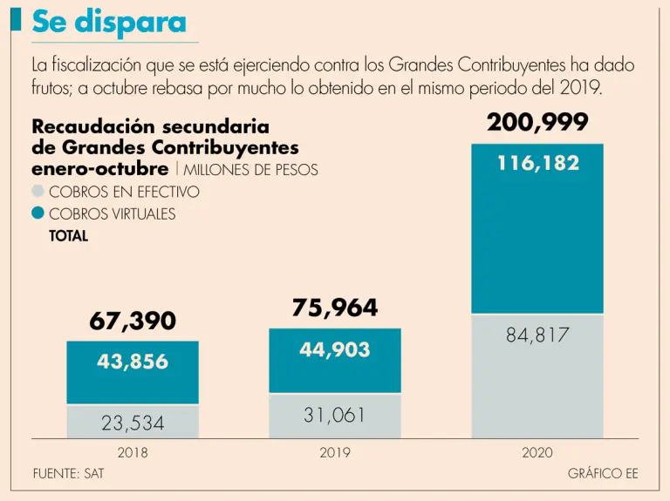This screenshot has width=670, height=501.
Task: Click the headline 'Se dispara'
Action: click(108, 23)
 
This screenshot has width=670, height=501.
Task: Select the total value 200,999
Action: click(537, 123)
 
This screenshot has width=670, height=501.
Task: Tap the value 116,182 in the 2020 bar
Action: click(538, 163)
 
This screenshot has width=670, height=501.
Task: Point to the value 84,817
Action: click(537, 335)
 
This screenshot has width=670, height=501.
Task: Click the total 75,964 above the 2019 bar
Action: click(335, 308)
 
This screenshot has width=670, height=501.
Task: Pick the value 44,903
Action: click(335, 349)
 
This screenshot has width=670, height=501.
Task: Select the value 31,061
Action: click(335, 416)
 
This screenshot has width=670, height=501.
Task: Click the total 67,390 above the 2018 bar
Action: click(133, 321)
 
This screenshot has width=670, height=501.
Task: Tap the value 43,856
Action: click(133, 362)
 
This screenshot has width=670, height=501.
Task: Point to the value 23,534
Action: click(133, 424)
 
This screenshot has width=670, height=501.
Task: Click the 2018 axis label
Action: click(133, 452)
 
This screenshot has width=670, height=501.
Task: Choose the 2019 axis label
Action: click(335, 452)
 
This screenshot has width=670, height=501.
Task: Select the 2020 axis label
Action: click(537, 452)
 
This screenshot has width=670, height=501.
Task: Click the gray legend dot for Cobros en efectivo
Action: click(38, 192)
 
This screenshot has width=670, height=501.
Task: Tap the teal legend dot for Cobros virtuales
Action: click(38, 213)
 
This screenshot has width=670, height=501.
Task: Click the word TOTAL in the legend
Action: click(69, 235)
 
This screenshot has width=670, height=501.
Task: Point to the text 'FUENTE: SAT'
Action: click(68, 474)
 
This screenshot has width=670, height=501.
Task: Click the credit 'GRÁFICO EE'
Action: click(602, 474)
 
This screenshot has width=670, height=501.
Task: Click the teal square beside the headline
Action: click(16, 20)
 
